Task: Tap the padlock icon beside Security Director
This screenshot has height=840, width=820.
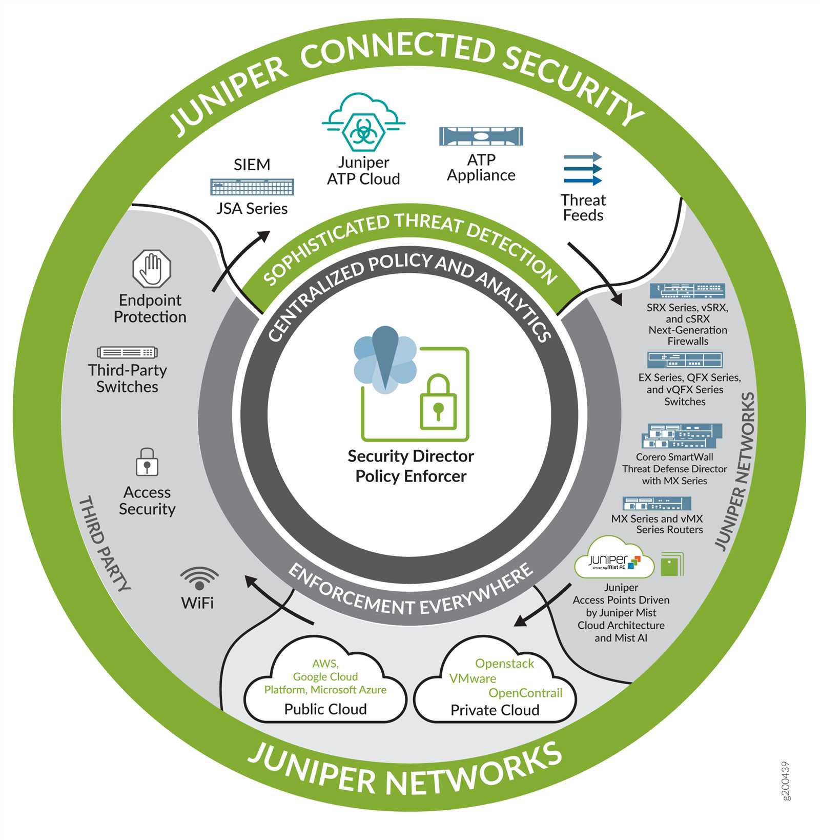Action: (438, 403)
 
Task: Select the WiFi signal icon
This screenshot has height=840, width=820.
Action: (199, 578)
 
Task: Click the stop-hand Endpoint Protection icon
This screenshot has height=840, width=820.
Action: (151, 269)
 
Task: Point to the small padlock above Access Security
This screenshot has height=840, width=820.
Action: (147, 462)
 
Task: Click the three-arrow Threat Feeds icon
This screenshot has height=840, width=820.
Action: (583, 169)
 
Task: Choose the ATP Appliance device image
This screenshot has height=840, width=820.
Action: (481, 136)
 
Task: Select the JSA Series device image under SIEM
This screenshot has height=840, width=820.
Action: (252, 187)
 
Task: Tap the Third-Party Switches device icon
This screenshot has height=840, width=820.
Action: (127, 352)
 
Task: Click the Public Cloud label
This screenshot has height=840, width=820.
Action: (325, 709)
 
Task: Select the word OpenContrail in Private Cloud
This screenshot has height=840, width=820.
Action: (525, 693)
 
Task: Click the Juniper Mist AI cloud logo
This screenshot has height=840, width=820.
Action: (614, 559)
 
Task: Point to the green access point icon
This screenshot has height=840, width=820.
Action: (672, 564)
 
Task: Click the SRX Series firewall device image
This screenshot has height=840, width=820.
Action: (687, 291)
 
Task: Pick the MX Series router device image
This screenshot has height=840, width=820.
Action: (657, 503)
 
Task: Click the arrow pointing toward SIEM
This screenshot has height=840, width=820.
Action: (240, 261)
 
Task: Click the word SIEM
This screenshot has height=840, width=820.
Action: (252, 165)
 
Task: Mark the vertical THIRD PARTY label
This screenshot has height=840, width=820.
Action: (105, 543)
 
